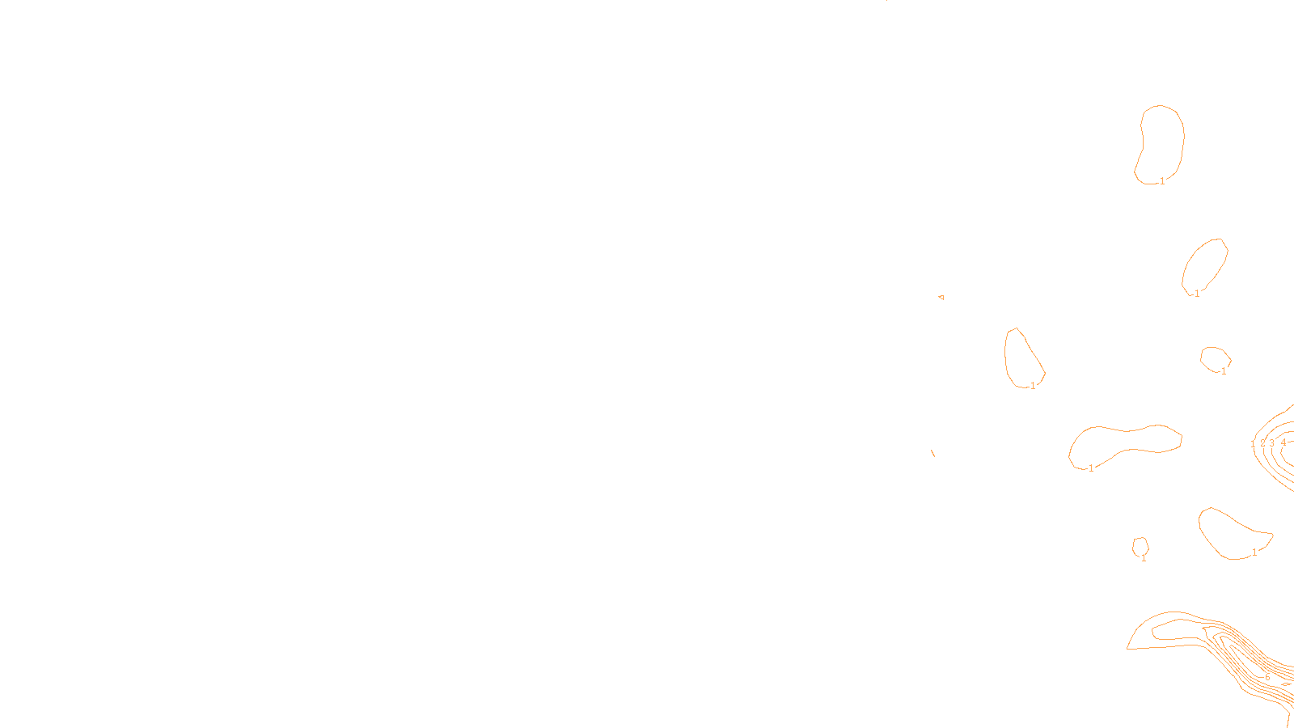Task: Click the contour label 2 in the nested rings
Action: click(x=1262, y=443)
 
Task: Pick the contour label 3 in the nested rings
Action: click(x=1271, y=443)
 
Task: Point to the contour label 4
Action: click(x=1283, y=442)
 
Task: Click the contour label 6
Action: click(x=1267, y=677)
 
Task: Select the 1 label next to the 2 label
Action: click(x=1253, y=444)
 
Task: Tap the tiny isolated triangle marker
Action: click(x=941, y=298)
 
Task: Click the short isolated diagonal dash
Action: click(x=932, y=453)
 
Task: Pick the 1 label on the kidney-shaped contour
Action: click(x=1162, y=181)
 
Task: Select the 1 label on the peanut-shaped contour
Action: click(x=1091, y=468)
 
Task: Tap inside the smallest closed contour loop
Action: click(x=1140, y=546)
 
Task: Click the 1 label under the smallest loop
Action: click(x=1144, y=557)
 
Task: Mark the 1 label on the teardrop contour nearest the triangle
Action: click(x=1033, y=386)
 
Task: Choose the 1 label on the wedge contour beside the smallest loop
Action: click(x=1254, y=552)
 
